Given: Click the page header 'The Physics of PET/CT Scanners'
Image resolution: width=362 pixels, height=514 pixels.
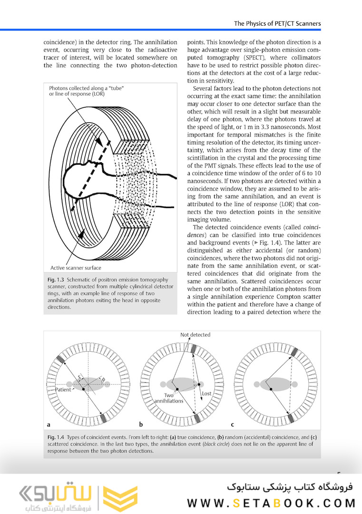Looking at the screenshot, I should pyautogui.click(x=277, y=23).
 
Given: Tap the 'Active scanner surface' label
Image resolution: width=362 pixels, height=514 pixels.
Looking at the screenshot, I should pyautogui.click(x=76, y=268).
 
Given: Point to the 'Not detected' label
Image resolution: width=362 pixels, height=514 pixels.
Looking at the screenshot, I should pyautogui.click(x=195, y=335).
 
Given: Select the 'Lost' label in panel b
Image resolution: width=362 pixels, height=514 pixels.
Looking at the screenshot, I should pyautogui.click(x=206, y=394).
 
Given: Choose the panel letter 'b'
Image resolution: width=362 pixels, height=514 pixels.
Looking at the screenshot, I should pyautogui.click(x=141, y=424).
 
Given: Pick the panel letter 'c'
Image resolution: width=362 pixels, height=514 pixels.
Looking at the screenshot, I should pyautogui.click(x=232, y=424).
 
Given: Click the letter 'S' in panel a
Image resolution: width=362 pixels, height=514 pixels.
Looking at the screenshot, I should pyautogui.click(x=80, y=376).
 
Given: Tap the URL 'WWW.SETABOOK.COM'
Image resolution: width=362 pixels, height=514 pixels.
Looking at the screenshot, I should pyautogui.click(x=271, y=503).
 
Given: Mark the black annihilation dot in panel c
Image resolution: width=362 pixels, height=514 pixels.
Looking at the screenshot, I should pyautogui.click(x=271, y=389).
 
